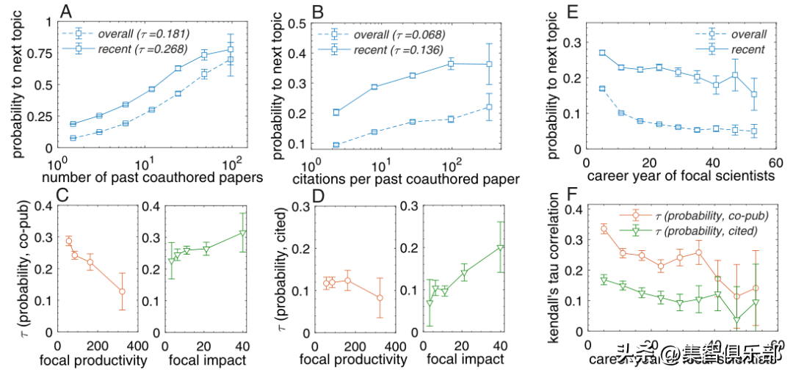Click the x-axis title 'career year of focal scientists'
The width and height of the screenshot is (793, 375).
coord(681,177)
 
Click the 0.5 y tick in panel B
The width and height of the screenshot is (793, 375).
coord(295,23)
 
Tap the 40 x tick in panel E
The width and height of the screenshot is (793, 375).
coord(712,162)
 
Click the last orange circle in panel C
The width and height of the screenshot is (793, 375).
coord(122,291)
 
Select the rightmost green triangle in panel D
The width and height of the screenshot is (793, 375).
coord(501,248)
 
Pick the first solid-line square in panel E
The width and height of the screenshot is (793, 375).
coord(602,53)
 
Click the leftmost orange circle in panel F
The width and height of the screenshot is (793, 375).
coord(604,229)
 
